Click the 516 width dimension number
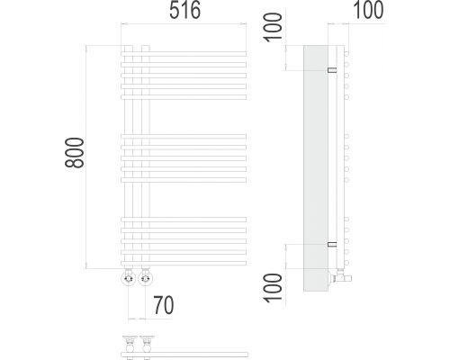184,11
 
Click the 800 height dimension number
74,152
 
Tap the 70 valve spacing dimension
164,305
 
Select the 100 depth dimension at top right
368,10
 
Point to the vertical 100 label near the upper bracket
273,28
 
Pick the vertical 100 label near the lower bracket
273,287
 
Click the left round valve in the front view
129,279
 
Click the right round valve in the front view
146,279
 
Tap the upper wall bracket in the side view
332,70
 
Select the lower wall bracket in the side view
332,244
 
